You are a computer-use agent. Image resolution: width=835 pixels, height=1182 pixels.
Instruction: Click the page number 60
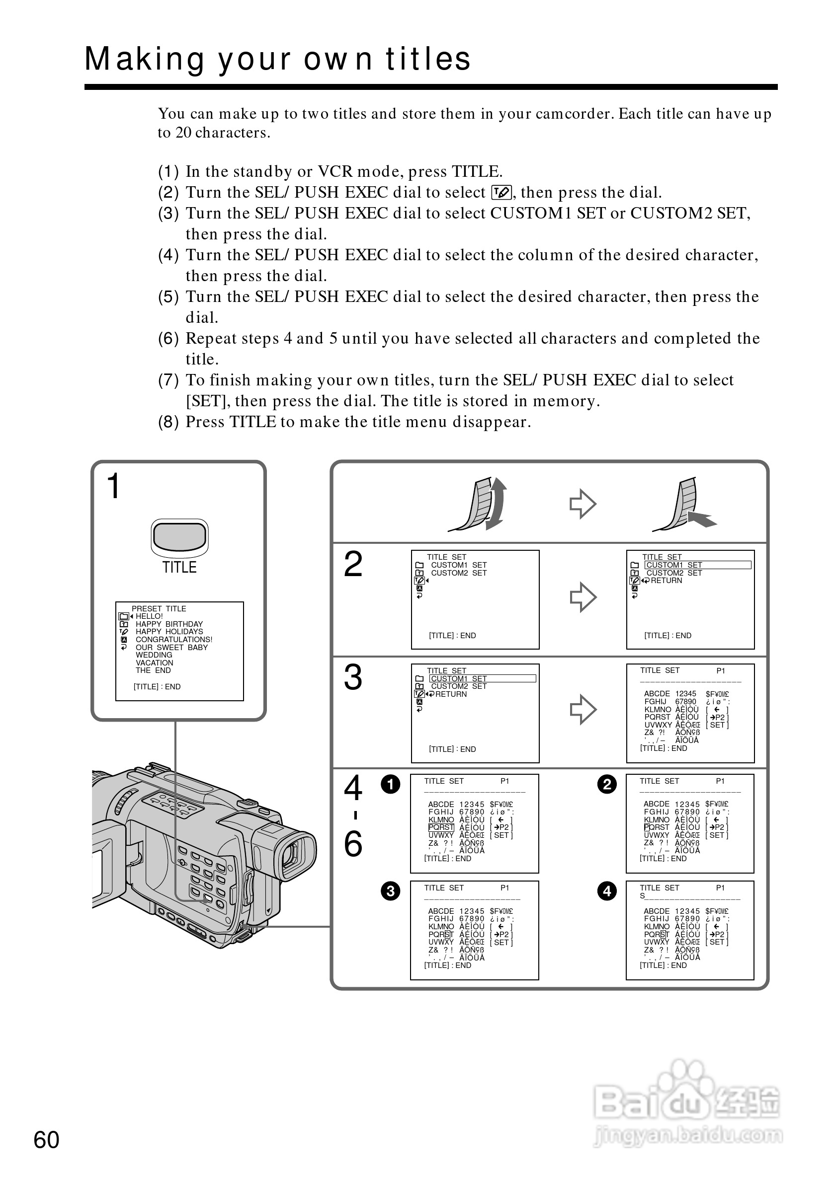[46, 1140]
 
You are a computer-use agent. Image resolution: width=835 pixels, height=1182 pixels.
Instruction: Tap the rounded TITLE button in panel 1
[179, 537]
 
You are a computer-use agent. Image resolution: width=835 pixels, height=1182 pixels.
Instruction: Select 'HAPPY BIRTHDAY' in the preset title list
[169, 624]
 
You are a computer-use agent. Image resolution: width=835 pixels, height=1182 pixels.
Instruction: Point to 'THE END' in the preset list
[153, 670]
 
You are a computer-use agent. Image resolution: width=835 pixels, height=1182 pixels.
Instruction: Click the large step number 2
[353, 564]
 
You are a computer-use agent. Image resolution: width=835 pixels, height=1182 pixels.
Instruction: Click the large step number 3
[353, 677]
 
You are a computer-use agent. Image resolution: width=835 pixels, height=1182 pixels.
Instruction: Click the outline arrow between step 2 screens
[583, 597]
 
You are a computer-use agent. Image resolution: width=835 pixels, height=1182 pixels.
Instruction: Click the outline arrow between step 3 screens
[583, 709]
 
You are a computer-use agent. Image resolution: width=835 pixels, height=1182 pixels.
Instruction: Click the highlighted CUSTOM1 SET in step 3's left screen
[459, 678]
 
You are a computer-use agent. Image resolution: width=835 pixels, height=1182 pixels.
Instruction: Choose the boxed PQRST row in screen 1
[441, 827]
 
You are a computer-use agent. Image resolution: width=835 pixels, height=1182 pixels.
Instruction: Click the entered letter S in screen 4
[642, 896]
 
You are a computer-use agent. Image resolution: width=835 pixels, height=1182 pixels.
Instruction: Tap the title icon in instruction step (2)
[501, 193]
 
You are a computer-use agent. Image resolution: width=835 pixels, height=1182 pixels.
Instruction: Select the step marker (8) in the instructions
[168, 422]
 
